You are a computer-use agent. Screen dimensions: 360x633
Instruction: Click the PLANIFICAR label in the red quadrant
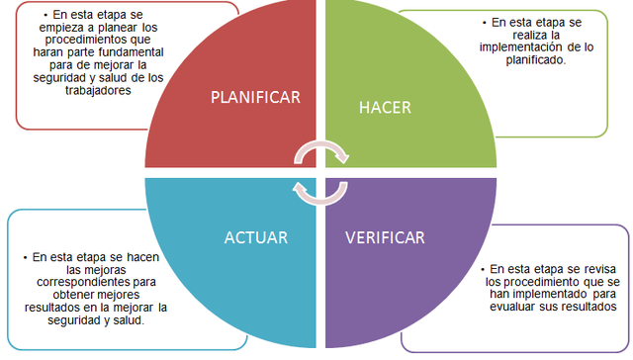[x=256, y=97]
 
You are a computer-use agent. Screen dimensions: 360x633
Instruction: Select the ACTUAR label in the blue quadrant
[x=256, y=237]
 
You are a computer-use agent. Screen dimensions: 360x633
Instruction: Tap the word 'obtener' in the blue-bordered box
[x=75, y=294]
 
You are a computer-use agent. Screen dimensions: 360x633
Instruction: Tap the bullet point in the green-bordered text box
[x=484, y=21]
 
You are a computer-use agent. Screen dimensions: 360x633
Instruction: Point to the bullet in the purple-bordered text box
[x=482, y=268]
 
